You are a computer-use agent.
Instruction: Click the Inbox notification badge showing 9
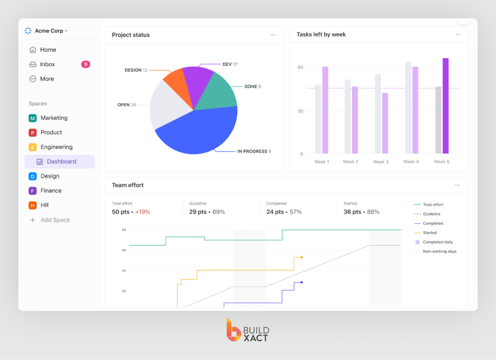[x=85, y=64]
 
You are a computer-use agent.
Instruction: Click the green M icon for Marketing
[x=33, y=118]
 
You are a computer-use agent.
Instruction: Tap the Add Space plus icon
[x=33, y=220]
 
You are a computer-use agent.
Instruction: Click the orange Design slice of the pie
[x=177, y=82]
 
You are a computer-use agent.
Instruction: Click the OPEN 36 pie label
[x=127, y=105]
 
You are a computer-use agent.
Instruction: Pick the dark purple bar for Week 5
[x=446, y=106]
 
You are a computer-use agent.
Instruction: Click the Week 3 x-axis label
[x=381, y=162]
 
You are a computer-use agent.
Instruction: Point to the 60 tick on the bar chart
[x=300, y=67]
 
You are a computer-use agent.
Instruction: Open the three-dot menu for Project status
[x=273, y=35]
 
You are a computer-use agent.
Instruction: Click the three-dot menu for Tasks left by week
[x=458, y=35]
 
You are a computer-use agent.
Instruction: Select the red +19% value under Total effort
[x=142, y=212]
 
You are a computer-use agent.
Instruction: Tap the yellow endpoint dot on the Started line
[x=301, y=257]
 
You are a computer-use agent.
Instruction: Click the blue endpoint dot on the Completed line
[x=301, y=282]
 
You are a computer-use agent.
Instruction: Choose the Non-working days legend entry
[x=439, y=251]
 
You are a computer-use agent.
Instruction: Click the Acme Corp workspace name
[x=49, y=31]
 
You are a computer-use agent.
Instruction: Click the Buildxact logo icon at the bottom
[x=233, y=330]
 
